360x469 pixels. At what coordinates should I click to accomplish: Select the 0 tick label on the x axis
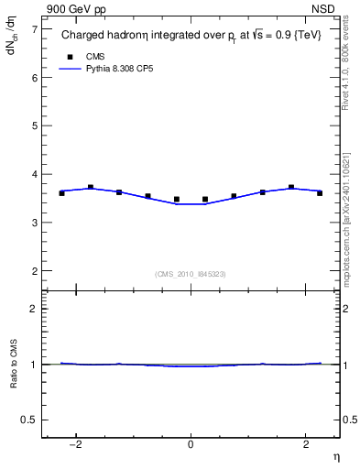point(191,445)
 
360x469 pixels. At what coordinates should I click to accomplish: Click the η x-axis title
point(335,457)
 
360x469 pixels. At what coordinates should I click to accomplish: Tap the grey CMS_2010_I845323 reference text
point(191,273)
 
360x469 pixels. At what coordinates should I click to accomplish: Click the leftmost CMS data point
point(61,193)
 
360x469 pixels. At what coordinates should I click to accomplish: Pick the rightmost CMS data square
point(320,193)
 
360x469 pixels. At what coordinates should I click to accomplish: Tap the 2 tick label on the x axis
point(304,445)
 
